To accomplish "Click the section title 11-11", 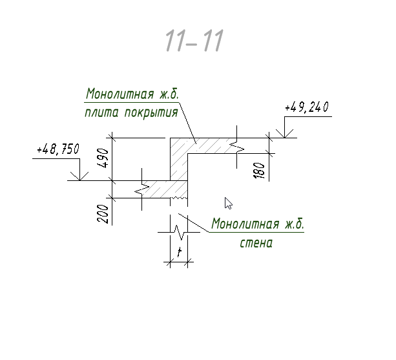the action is pyautogui.click(x=194, y=41).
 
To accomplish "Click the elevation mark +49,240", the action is pyautogui.click(x=307, y=107).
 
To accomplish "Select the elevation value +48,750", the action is pyautogui.click(x=58, y=149).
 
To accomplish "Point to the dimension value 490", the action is pyautogui.click(x=103, y=158).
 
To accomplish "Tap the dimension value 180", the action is pyautogui.click(x=259, y=171).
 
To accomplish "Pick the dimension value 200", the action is pyautogui.click(x=103, y=214).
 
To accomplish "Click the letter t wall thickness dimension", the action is pyautogui.click(x=180, y=251).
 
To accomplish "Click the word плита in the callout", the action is pyautogui.click(x=101, y=113).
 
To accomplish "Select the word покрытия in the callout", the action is pyautogui.click(x=151, y=113).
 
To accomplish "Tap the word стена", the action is pyautogui.click(x=256, y=243).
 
